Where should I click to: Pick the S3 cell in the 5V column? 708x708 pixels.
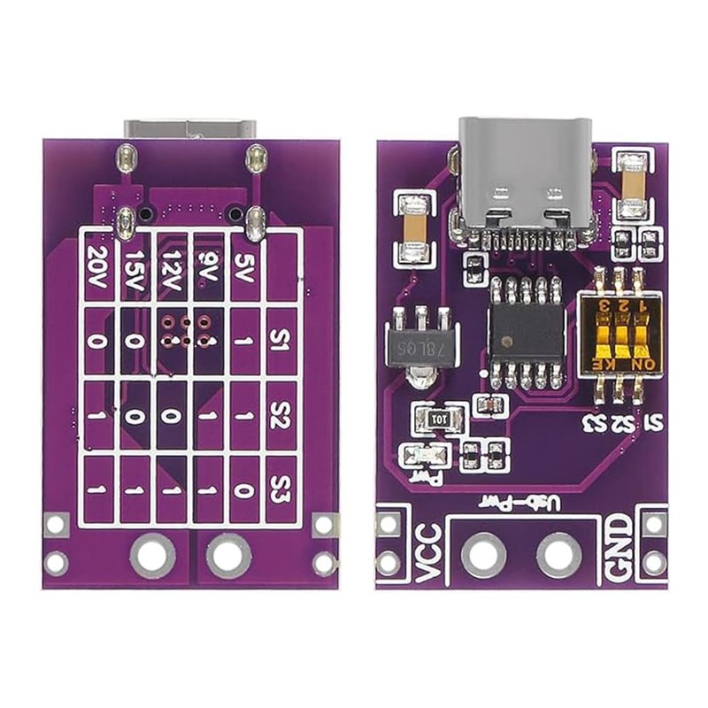tap(246, 489)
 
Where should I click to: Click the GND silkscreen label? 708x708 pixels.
tap(617, 549)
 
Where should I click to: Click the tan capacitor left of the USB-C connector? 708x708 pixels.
tap(413, 228)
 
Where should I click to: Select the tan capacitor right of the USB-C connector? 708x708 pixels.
tap(633, 187)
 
